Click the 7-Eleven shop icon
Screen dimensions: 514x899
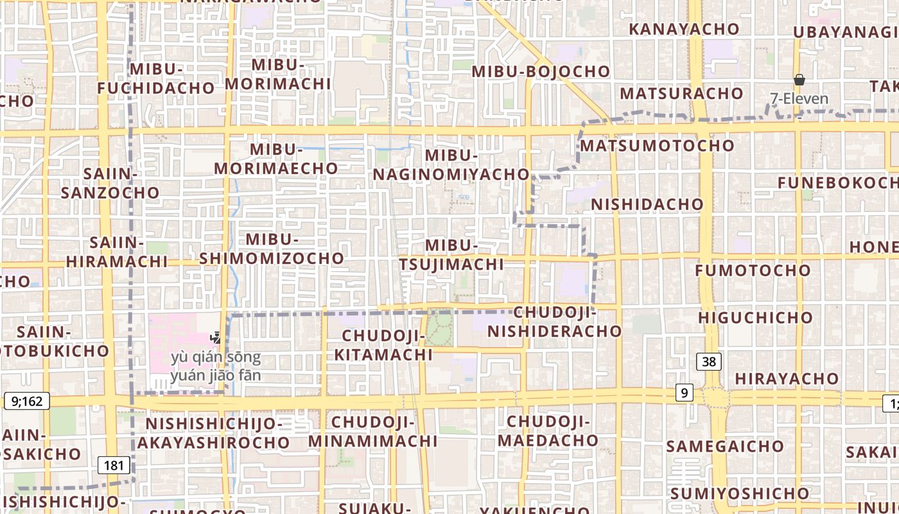(x=799, y=80)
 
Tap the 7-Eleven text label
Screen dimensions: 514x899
(x=799, y=99)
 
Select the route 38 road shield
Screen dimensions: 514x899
(x=709, y=362)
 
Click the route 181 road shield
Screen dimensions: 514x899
(x=114, y=465)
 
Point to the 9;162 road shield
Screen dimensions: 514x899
(x=26, y=402)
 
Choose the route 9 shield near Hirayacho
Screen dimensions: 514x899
(x=685, y=392)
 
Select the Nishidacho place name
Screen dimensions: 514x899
(x=647, y=204)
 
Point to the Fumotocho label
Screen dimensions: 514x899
(x=753, y=270)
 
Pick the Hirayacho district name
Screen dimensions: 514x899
(x=787, y=378)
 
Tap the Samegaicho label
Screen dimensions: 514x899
(x=725, y=446)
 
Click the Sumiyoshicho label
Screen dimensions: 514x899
(x=740, y=493)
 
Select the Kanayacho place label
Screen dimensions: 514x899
(x=685, y=29)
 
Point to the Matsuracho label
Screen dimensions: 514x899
(x=681, y=93)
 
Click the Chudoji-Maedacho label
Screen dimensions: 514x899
(x=548, y=431)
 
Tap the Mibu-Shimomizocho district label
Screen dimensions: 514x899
(x=272, y=249)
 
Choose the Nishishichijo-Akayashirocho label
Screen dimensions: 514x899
(x=213, y=433)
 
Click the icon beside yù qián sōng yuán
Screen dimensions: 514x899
(x=216, y=337)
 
